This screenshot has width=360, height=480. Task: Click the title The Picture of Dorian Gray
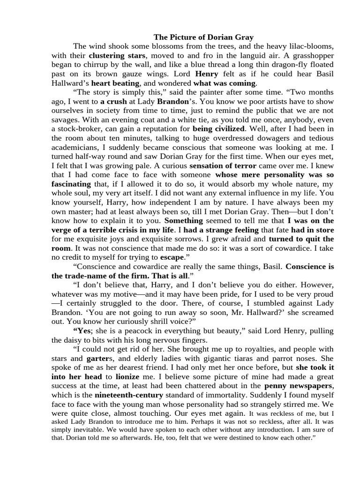coord(203,37)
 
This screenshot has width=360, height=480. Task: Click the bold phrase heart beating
coord(118,82)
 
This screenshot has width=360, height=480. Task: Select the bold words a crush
coord(113,101)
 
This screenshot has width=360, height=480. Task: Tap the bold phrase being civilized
coord(218,128)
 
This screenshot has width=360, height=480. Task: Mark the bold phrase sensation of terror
coord(223,165)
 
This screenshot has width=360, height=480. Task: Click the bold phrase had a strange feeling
coord(221,230)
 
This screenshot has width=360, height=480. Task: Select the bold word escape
coord(172,257)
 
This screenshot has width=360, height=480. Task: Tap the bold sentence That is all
coord(167,276)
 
